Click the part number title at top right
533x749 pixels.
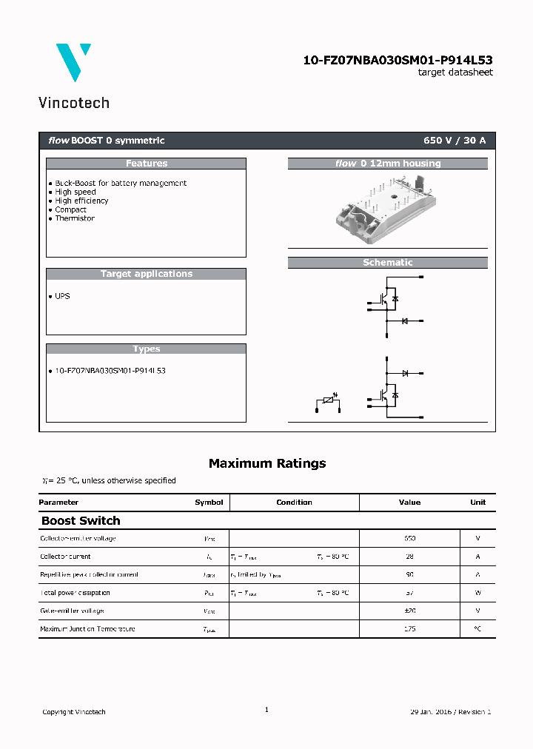(x=398, y=60)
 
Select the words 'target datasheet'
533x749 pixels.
(x=455, y=73)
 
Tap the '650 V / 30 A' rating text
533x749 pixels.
(x=455, y=141)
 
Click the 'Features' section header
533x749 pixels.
(x=146, y=164)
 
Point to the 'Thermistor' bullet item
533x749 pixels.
(x=74, y=218)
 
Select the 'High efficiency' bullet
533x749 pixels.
(x=81, y=201)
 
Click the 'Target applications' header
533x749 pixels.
(x=146, y=274)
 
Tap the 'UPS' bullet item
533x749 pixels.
(x=62, y=296)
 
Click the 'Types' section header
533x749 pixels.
(x=146, y=349)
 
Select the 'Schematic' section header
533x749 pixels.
(x=387, y=263)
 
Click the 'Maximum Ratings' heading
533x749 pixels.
(x=266, y=463)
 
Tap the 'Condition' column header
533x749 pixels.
(x=294, y=503)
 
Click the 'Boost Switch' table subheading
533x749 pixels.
(x=80, y=521)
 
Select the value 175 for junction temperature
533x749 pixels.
(x=409, y=629)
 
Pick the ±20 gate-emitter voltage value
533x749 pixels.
(x=409, y=611)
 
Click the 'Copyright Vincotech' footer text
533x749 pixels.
(x=73, y=712)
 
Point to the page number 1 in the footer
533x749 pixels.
(x=266, y=710)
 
